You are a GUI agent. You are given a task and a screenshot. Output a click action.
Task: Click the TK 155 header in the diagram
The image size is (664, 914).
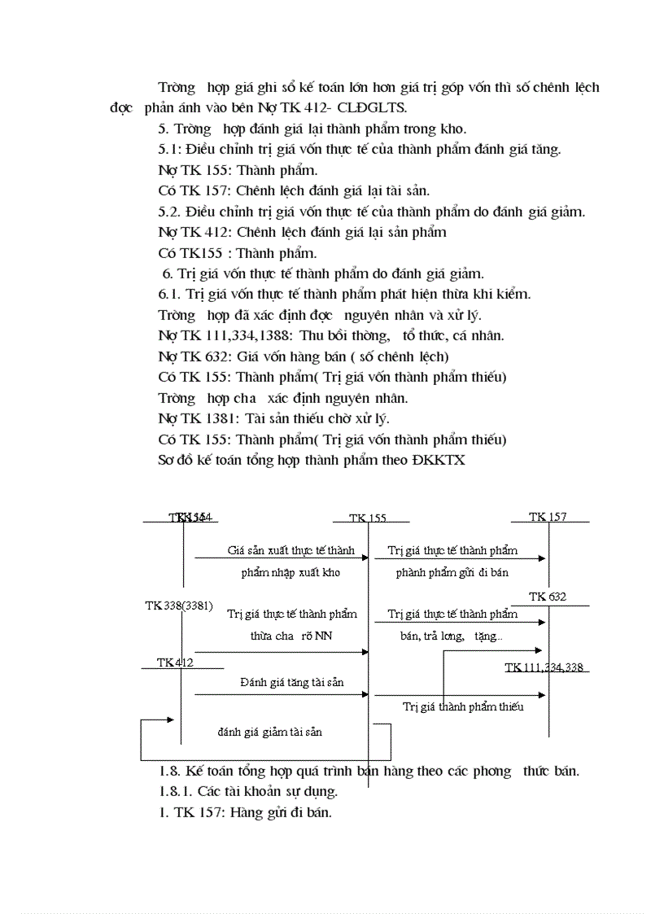[367, 518]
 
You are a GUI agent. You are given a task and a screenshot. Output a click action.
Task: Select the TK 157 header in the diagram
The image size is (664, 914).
[548, 517]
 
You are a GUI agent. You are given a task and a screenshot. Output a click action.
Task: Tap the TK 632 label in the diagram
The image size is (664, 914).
[548, 597]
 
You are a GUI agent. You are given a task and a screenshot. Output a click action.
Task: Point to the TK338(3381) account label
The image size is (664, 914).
[179, 606]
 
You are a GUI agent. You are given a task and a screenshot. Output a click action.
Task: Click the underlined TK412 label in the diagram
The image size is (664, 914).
[175, 663]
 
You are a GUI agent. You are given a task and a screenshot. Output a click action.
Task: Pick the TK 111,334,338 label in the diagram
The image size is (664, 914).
[544, 667]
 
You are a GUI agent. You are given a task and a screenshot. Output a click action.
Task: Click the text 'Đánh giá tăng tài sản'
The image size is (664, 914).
[291, 682]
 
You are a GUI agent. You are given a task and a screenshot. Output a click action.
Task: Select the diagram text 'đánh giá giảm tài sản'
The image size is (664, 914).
[269, 732]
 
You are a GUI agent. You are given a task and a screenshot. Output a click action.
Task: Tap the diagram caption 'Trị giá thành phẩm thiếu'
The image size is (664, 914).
[463, 706]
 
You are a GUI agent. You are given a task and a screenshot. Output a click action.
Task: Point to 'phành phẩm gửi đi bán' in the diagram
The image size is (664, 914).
[452, 572]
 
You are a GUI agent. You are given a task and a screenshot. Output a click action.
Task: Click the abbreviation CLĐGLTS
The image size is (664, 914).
[381, 107]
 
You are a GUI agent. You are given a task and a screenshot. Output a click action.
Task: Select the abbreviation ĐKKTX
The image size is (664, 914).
[439, 460]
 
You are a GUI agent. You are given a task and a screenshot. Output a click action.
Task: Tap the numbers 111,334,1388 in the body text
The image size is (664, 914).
[233, 335]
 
